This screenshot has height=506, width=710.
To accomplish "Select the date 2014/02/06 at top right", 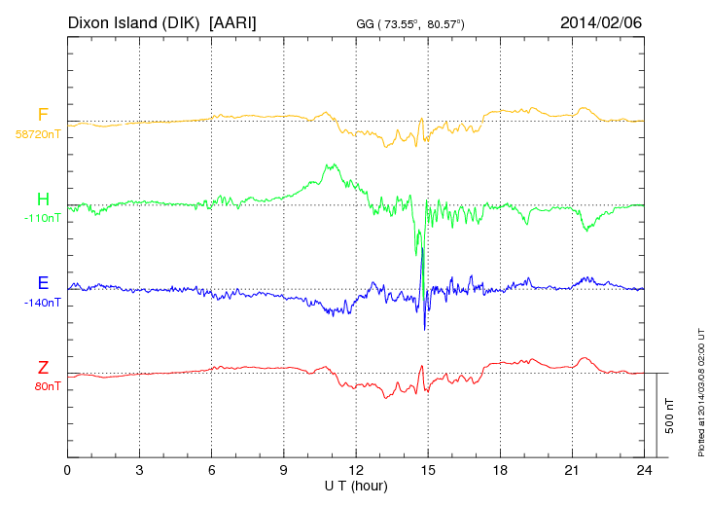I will pos(601,20).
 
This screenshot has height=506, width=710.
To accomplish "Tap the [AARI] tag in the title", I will pos(234,20).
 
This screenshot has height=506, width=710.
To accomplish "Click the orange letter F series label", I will pos(43,116).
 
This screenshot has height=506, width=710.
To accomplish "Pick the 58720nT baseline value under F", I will pos(38,134).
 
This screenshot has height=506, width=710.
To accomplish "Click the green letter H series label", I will pos(43,199).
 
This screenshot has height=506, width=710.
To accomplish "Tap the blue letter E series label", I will pos(43,283).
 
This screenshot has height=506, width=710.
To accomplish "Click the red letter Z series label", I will pos(43,367).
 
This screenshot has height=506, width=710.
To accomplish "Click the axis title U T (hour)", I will pos(356,486).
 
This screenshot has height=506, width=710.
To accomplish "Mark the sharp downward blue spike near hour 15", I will pos(425,327).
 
